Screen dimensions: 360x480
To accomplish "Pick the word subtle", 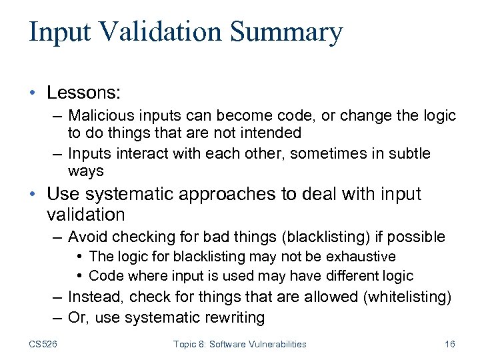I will click(410, 153).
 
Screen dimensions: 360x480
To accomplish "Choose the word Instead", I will click(96, 297).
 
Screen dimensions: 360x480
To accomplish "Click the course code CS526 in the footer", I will click(44, 344).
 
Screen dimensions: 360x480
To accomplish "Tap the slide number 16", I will click(449, 344).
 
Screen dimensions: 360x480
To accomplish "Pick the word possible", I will click(419, 237).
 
